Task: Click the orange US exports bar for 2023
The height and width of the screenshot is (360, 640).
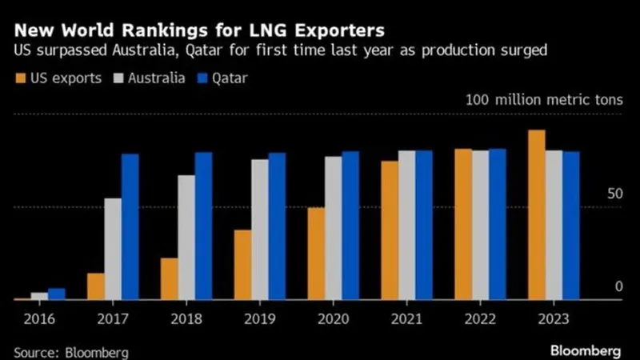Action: click(536, 214)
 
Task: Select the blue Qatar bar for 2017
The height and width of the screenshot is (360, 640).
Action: click(130, 227)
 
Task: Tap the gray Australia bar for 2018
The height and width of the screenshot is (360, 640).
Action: click(186, 238)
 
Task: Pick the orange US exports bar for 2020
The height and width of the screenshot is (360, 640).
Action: click(316, 254)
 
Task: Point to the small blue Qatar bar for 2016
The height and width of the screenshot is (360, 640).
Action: click(57, 294)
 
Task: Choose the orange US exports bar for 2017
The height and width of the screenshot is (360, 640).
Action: click(96, 286)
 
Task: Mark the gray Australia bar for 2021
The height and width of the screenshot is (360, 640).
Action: click(407, 226)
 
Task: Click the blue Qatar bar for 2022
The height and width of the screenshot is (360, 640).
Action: click(498, 225)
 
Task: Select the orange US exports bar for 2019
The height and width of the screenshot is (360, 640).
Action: click(243, 265)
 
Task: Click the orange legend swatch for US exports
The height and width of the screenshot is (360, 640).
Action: click(21, 78)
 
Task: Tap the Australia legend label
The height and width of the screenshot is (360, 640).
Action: click(156, 78)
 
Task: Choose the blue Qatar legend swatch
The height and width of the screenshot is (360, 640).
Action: click(202, 78)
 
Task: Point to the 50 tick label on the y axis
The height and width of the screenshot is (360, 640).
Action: click(615, 194)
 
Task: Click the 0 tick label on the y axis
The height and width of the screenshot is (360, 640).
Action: click(618, 286)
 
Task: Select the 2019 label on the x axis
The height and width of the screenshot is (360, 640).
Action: click(260, 318)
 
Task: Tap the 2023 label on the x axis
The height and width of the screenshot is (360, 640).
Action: click(554, 318)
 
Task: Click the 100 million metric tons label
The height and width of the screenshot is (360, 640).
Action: click(545, 100)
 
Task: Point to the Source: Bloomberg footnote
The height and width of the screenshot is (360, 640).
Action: click(71, 352)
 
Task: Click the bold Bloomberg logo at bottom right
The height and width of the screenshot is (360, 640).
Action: click(586, 351)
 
